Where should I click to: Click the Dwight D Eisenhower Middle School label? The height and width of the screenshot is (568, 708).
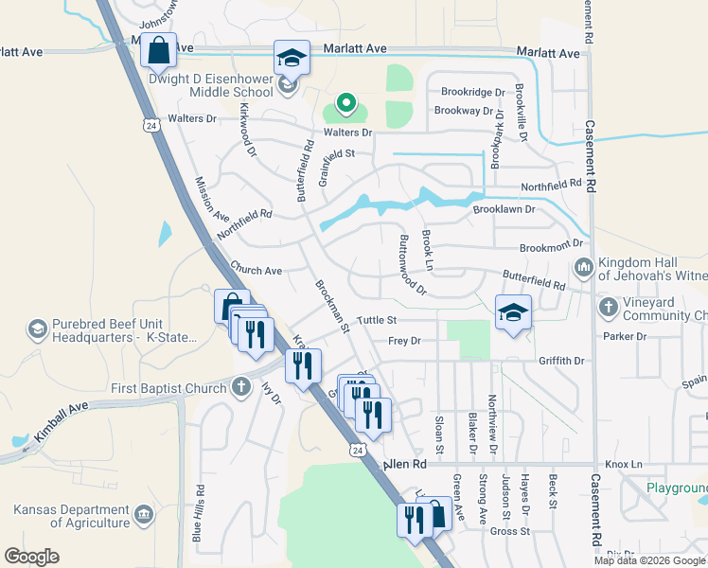pyautogui.click(x=212, y=87)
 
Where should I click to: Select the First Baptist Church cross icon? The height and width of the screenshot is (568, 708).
pyautogui.click(x=241, y=386)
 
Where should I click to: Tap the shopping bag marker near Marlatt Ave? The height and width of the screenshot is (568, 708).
pyautogui.click(x=159, y=49)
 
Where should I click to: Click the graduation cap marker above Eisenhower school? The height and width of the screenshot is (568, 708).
pyautogui.click(x=292, y=57)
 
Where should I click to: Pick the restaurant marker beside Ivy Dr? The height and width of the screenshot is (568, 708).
pyautogui.click(x=303, y=366)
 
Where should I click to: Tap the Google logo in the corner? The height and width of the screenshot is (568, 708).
pyautogui.click(x=31, y=557)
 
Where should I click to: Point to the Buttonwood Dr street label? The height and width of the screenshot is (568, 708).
pyautogui.click(x=414, y=264)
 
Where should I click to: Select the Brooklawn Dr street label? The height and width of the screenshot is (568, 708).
pyautogui.click(x=504, y=208)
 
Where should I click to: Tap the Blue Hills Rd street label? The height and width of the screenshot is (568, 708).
pyautogui.click(x=199, y=514)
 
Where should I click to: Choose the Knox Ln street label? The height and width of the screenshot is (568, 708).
pyautogui.click(x=624, y=465)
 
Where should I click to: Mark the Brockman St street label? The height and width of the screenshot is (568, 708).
pyautogui.click(x=333, y=305)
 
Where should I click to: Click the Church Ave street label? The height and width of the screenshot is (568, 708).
pyautogui.click(x=257, y=271)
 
